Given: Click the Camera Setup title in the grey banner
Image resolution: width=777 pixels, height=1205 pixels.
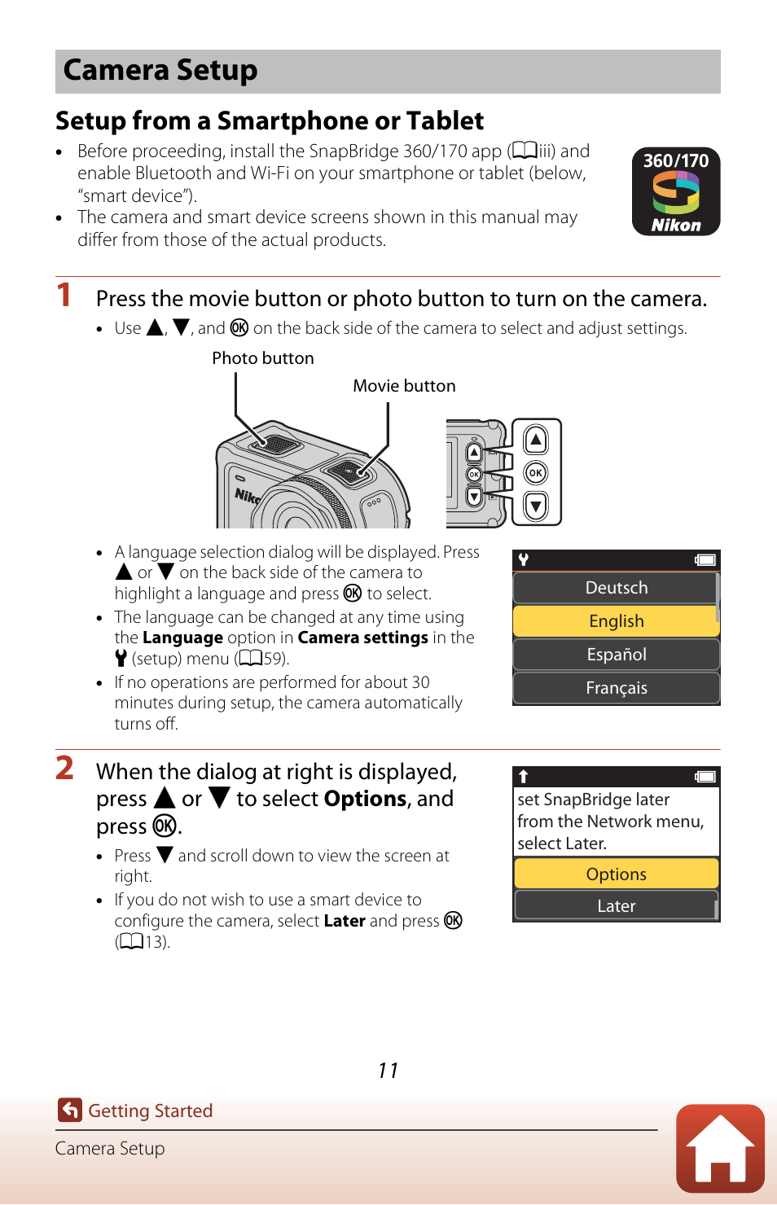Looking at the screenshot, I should point(160,71).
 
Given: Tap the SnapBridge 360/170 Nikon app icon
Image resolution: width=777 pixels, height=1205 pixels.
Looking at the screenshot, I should point(676,192).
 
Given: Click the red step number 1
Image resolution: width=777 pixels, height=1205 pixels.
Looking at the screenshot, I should point(64,295).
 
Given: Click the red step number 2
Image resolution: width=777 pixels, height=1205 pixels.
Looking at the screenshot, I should point(65,768).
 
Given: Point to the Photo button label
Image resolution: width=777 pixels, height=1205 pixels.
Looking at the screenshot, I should point(262,358).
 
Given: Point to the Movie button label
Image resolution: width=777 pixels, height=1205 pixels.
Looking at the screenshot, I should point(404,386).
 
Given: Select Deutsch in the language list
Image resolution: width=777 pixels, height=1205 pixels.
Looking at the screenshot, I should point(616,588).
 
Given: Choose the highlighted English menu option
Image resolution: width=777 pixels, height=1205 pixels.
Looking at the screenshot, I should point(616,621).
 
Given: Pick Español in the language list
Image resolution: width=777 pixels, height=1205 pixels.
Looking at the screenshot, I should point(616,655).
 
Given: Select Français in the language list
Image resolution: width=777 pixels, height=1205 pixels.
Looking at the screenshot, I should point(616,688).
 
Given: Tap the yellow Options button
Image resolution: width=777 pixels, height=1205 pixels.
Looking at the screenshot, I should point(616,874).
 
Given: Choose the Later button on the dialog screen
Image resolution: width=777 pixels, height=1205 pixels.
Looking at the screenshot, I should point(616,906).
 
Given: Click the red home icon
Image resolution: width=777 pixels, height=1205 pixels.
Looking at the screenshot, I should point(720,1148).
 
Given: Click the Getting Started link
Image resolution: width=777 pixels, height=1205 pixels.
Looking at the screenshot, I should point(150,1111).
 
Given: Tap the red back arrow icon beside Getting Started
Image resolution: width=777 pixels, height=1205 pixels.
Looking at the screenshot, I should point(70,1110).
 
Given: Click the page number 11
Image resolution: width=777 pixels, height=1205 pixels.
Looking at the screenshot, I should point(388,1071).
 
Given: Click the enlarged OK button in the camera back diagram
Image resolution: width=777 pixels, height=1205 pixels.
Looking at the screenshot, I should point(535,473).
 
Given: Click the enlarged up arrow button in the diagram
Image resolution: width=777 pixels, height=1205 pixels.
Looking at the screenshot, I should point(535,440).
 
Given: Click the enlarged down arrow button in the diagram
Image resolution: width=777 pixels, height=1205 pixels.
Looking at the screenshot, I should point(535,506).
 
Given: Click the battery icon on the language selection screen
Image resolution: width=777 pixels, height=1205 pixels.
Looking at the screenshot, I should point(705,560).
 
